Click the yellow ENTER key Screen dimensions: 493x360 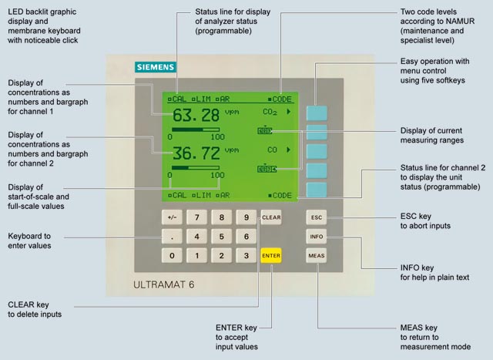coord(271,255)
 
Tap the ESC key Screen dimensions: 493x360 coord(317,217)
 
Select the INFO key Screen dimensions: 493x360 coord(317,237)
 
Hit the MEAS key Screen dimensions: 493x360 coord(317,255)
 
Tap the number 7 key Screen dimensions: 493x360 coord(197,217)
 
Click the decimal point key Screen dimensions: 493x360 coord(172,237)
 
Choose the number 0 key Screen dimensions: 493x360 coord(172,255)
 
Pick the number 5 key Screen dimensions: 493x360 coord(222,237)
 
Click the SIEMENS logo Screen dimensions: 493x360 coord(156,67)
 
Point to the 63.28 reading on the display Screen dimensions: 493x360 coord(196,115)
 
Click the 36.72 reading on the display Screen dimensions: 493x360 coord(196,153)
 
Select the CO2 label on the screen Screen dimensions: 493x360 coord(270,112)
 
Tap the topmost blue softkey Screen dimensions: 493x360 coord(317,113)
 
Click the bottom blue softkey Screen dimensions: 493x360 coord(317,190)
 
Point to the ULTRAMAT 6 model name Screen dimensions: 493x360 coord(164,284)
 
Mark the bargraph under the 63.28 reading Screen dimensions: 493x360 coord(196,130)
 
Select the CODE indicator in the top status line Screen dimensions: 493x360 coord(280,99)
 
